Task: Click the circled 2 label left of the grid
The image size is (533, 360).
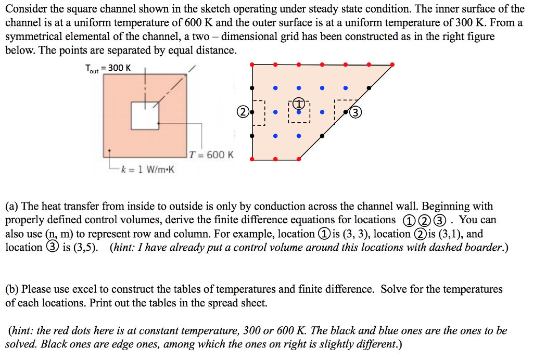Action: tap(243, 112)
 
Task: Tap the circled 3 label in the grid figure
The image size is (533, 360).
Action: tap(356, 112)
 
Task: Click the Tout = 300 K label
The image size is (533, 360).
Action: tap(108, 68)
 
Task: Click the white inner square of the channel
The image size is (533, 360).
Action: tap(145, 115)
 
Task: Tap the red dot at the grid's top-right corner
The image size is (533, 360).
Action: tap(392, 65)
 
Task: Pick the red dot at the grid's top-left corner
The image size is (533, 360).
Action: tap(252, 65)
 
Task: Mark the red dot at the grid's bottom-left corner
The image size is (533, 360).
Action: tap(252, 159)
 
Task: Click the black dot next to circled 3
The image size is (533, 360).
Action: tap(346, 112)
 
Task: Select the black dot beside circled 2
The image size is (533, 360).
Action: tap(252, 112)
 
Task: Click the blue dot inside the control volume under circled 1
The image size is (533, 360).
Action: tap(299, 111)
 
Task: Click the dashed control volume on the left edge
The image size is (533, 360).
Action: tap(259, 112)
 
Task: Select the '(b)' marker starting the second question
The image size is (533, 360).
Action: tap(13, 289)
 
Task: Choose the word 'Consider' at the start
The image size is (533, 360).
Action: tap(22, 9)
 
